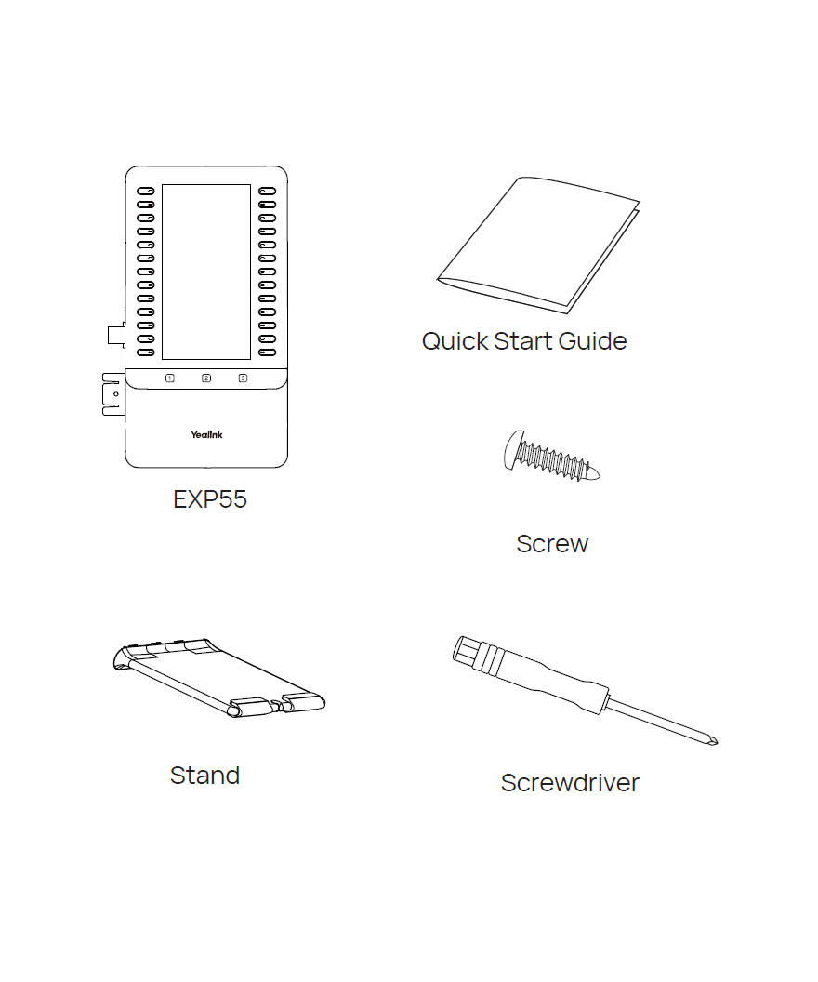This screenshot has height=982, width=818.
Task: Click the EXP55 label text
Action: click(x=210, y=499)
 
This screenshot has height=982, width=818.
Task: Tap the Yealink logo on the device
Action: click(x=206, y=434)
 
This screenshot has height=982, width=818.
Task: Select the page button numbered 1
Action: click(x=169, y=378)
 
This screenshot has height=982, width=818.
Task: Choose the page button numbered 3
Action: click(x=243, y=378)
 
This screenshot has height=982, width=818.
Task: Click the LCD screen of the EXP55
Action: click(x=206, y=272)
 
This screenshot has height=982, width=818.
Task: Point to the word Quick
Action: click(x=455, y=342)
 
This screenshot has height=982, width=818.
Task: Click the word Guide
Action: click(x=592, y=341)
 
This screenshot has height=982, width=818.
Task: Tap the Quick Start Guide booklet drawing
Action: click(x=538, y=245)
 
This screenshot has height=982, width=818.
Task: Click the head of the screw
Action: click(x=512, y=450)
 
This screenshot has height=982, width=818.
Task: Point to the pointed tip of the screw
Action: click(x=599, y=476)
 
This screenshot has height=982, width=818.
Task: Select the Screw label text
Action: click(x=552, y=544)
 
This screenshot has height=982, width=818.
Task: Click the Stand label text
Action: click(x=204, y=776)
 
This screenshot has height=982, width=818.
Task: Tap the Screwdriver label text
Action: click(x=570, y=783)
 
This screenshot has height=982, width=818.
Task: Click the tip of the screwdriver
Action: click(x=716, y=743)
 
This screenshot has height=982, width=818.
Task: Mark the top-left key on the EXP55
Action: click(x=146, y=191)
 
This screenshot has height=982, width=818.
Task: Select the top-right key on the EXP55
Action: click(x=267, y=191)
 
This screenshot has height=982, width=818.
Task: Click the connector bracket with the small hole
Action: click(x=113, y=394)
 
